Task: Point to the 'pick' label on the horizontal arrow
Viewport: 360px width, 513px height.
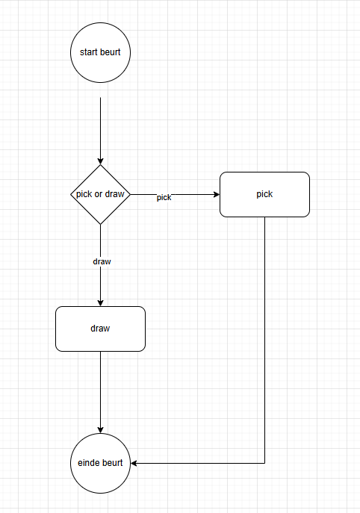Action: (164, 198)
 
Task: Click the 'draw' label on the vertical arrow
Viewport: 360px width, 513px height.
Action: (102, 261)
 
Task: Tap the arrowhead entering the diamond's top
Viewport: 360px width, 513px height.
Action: (101, 161)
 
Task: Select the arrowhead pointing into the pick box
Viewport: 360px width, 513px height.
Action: (217, 194)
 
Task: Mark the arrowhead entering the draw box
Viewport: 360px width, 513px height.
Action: (101, 303)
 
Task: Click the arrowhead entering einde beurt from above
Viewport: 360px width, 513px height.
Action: (101, 430)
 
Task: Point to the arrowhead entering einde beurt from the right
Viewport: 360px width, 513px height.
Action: (134, 463)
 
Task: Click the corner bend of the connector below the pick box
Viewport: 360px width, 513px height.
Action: (264, 463)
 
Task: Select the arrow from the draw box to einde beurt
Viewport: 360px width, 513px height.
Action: (101, 392)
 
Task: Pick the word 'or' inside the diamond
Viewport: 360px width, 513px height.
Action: (98, 194)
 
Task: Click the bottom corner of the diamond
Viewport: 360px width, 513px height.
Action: (101, 225)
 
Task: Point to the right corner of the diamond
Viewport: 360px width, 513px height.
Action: (131, 194)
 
